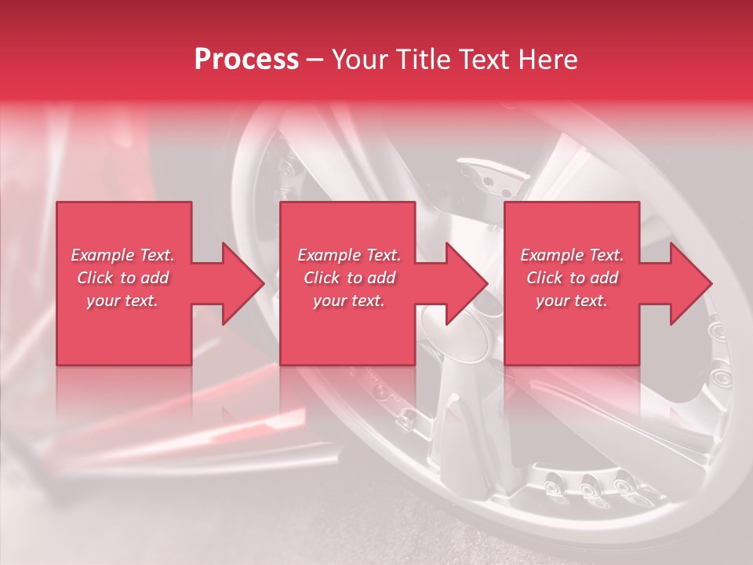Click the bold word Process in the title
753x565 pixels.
coord(246,60)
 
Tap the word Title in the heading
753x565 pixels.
coord(421,60)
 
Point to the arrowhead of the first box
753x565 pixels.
coord(244,283)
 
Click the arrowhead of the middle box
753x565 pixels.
coord(467,283)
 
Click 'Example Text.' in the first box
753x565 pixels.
coord(122,255)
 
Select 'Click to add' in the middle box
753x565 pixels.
coord(349,278)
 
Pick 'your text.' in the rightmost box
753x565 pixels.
coord(572,301)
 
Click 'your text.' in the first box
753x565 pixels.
coord(122,301)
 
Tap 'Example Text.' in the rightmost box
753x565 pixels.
coord(572,255)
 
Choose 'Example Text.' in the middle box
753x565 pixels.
coord(349,255)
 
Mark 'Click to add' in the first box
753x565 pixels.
coord(122,278)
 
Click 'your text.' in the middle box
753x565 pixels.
coord(349,301)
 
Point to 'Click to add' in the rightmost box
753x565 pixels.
coord(572,278)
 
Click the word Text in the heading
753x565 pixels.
coord(486,60)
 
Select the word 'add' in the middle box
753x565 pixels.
coord(380,278)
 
